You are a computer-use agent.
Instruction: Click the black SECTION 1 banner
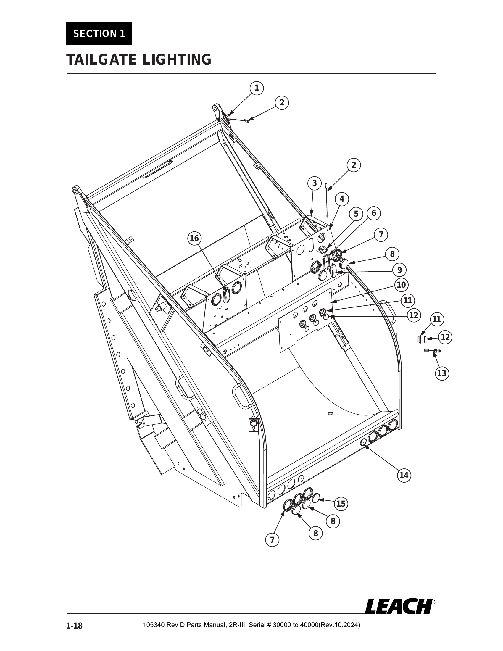tap(99, 34)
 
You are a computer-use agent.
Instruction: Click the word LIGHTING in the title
tap(176, 59)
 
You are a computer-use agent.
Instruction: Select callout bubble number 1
tap(256, 88)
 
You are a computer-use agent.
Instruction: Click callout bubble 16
tap(194, 239)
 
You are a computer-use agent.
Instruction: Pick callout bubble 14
tap(404, 475)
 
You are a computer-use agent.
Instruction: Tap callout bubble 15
tap(341, 504)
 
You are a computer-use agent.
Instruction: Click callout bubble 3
tap(315, 183)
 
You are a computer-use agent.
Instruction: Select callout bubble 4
tap(342, 199)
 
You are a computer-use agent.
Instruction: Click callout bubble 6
tap(374, 213)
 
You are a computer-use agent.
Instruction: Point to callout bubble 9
tap(400, 270)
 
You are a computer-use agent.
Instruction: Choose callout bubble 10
tap(402, 285)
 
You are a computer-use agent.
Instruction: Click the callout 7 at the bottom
tap(272, 540)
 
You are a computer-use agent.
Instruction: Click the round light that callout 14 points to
tap(363, 443)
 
